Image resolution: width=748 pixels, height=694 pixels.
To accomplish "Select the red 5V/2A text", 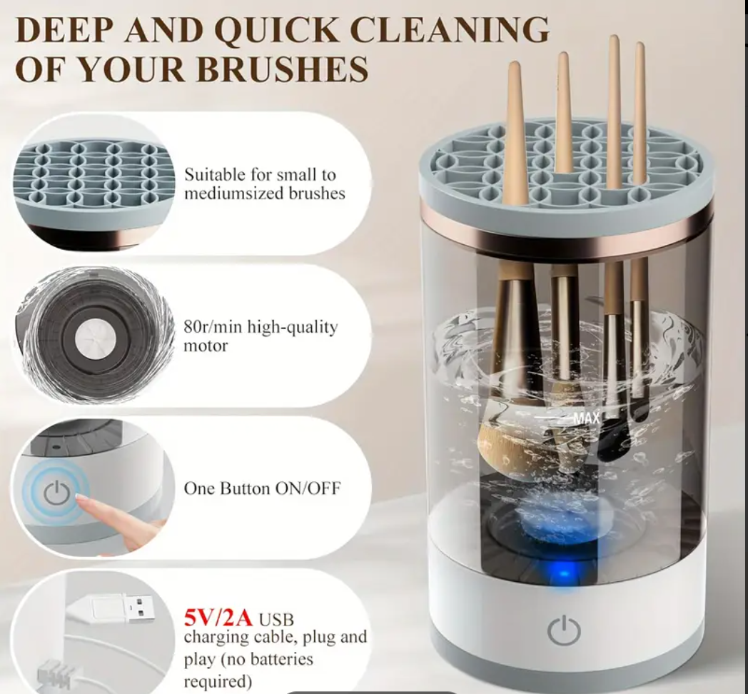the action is (218, 618).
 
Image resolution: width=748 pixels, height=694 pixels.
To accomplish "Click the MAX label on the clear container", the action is (586, 418).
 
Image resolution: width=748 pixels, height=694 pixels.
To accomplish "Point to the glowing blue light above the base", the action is (564, 573).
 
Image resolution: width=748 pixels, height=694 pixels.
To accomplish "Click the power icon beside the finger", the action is (57, 493).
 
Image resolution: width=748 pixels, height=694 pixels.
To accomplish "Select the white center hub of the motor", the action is (96, 339).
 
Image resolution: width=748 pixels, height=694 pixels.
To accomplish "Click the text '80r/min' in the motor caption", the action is (213, 328).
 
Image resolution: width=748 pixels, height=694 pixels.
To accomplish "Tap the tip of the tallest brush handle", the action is (614, 36).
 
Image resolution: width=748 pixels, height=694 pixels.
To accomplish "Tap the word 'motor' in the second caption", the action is (206, 346).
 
